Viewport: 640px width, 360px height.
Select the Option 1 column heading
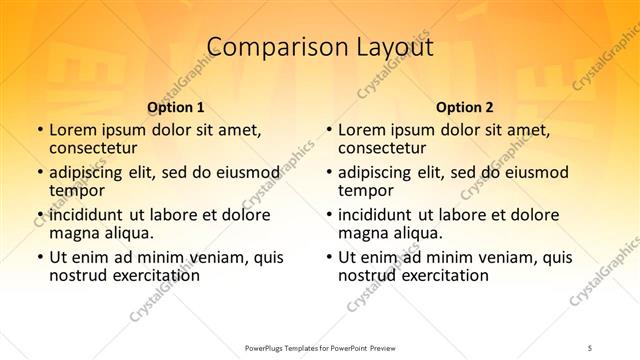(x=176, y=107)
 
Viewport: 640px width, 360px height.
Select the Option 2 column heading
(x=465, y=107)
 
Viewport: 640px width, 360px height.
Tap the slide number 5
(x=592, y=347)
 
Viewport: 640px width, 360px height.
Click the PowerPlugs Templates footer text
(x=321, y=347)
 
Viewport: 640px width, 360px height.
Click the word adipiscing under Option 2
(x=377, y=172)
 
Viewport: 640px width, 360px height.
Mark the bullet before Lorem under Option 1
(x=39, y=131)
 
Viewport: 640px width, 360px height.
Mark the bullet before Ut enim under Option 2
(x=328, y=257)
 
